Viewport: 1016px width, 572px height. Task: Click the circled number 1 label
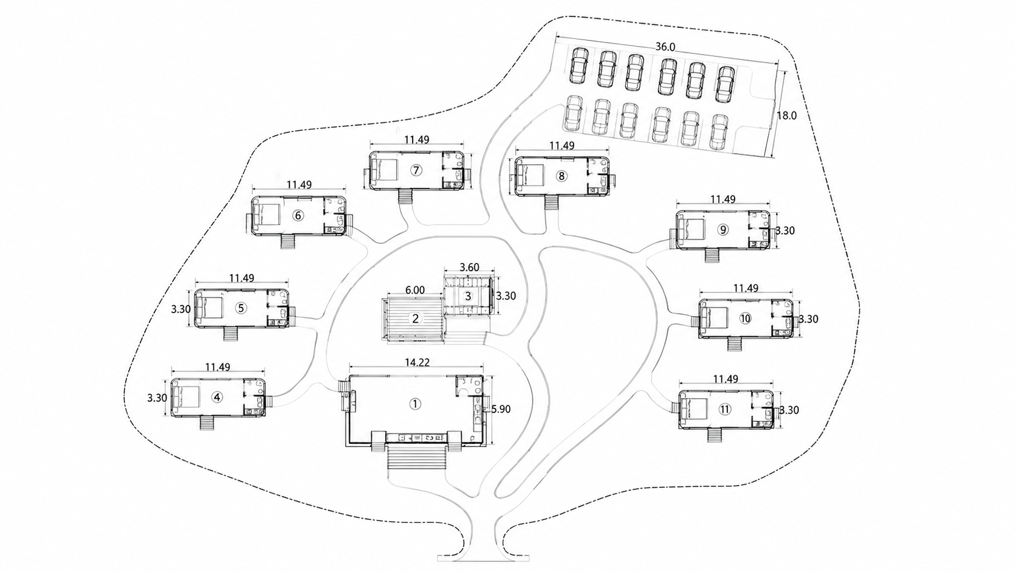pos(415,404)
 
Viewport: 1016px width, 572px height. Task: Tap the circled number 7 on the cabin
pos(416,170)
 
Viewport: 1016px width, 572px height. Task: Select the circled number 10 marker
pos(745,319)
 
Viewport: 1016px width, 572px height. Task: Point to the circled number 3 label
pos(468,296)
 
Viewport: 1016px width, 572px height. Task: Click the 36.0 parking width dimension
pos(665,47)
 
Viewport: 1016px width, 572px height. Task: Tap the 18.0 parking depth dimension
pos(786,115)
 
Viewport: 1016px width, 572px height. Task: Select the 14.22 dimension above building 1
pos(417,362)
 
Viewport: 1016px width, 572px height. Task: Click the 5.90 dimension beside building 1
pos(501,409)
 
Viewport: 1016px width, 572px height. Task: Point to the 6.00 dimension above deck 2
pos(415,290)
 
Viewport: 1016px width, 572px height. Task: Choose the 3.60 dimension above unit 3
pos(470,267)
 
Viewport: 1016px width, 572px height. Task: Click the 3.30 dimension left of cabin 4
pos(157,398)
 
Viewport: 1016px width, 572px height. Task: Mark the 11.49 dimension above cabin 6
pos(300,185)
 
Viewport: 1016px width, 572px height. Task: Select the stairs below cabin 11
pos(715,435)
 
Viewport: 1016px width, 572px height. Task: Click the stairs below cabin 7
pos(405,198)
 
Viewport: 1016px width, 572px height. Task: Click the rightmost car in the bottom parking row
pos(718,132)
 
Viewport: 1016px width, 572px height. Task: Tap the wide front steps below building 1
pos(417,458)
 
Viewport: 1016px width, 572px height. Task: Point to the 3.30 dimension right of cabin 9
pos(785,230)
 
